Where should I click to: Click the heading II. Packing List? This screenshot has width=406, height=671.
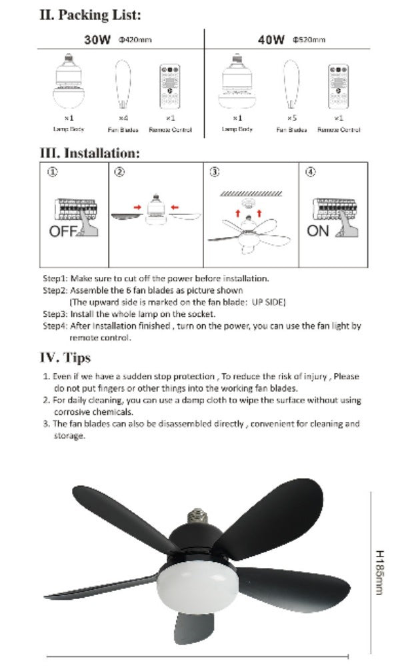(x=91, y=15)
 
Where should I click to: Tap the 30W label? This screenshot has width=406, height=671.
(x=97, y=40)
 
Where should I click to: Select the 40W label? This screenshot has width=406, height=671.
(x=271, y=40)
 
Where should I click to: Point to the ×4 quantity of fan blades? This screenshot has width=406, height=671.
(x=123, y=117)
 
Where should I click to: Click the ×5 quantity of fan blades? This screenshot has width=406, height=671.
(x=291, y=117)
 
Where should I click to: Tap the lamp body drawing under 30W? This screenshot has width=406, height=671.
(x=68, y=84)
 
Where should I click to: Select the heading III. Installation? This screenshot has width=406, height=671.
(x=91, y=152)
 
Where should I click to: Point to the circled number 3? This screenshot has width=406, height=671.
(x=215, y=172)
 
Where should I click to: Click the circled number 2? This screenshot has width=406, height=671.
(x=119, y=172)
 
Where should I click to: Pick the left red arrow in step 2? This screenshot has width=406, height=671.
(x=137, y=208)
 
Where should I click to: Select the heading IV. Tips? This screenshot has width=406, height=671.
(x=66, y=358)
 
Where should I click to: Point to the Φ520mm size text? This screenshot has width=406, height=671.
(x=309, y=41)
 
